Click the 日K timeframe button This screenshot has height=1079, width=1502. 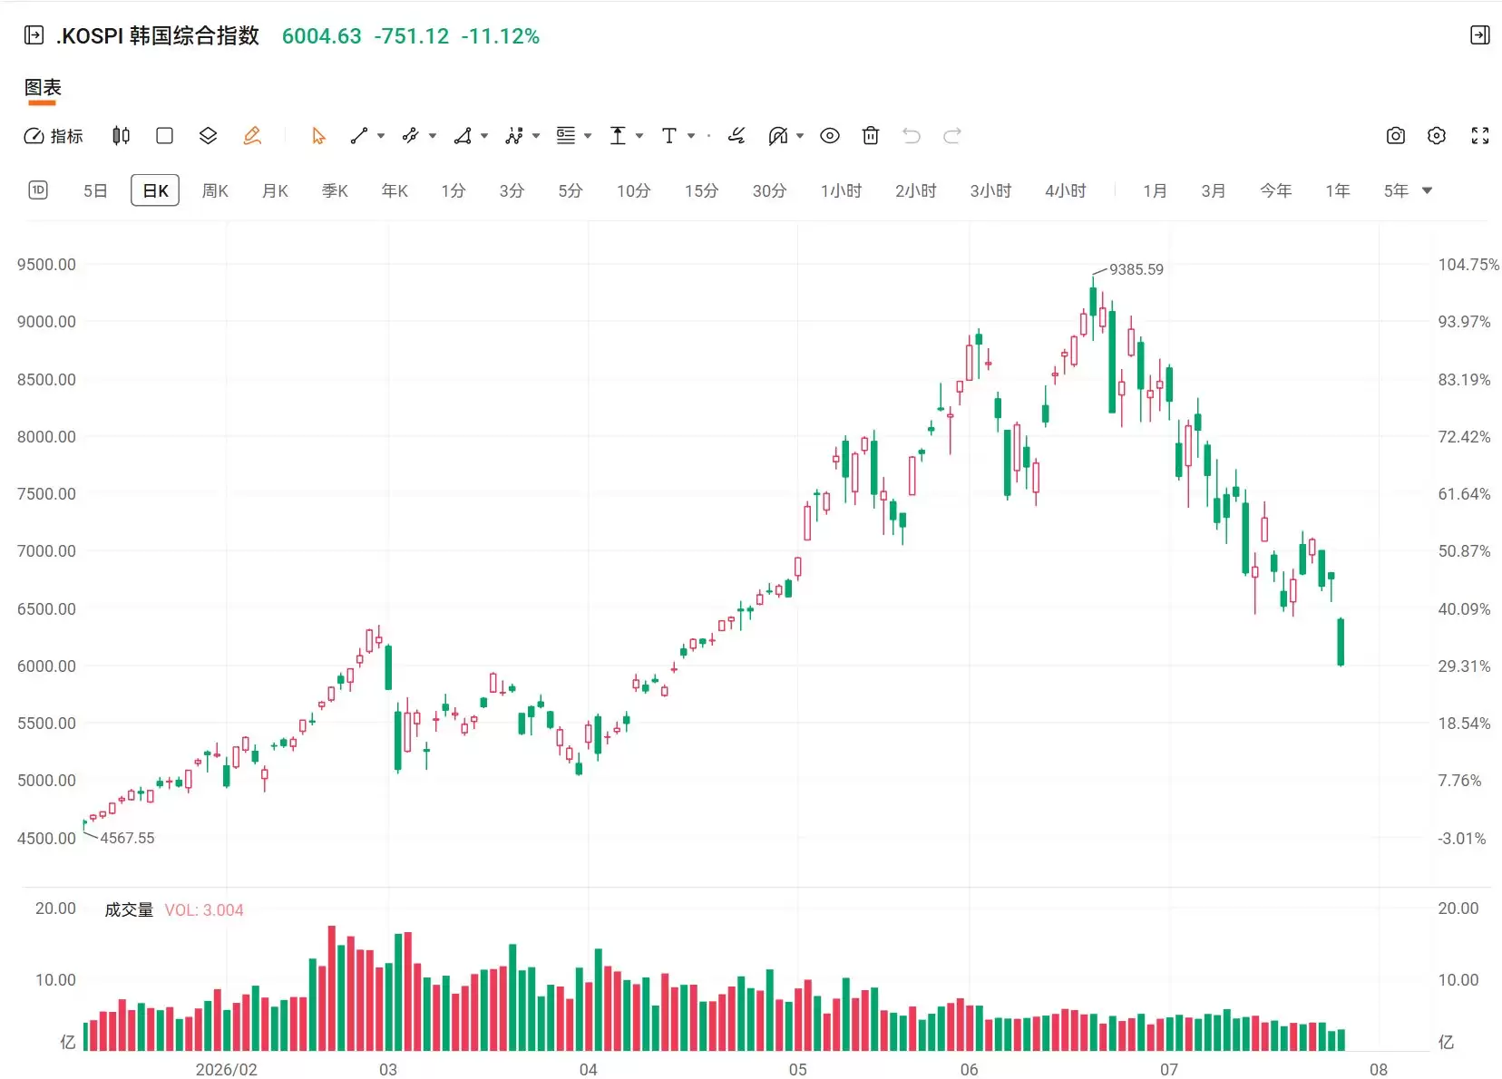pos(155,191)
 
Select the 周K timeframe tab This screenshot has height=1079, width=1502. pos(215,191)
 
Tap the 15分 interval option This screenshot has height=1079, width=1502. pos(701,191)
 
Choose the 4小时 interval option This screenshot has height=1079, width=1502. pos(1066,191)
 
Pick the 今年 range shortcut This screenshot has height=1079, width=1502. pos(1275,191)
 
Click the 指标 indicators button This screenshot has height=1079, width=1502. pos(54,136)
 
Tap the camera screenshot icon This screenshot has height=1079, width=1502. pos(1395,136)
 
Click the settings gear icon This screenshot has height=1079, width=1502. pos(1437,136)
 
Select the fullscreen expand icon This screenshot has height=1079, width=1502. pos(1480,136)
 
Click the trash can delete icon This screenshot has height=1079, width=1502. pos(871,136)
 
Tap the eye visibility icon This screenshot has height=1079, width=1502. pos(829,136)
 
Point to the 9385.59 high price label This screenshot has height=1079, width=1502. pos(1136,269)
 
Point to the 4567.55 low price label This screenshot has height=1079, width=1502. pos(127,838)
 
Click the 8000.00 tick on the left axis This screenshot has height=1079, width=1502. pos(46,437)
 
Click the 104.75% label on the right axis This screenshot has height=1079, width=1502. pos(1468,265)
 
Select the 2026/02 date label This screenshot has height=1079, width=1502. pos(226,1070)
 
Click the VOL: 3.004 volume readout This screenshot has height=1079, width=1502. pos(204,910)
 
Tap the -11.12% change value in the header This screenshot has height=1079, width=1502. pos(501,36)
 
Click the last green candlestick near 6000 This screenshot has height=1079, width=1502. pos(1341,642)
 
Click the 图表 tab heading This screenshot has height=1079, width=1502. pos(43,87)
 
